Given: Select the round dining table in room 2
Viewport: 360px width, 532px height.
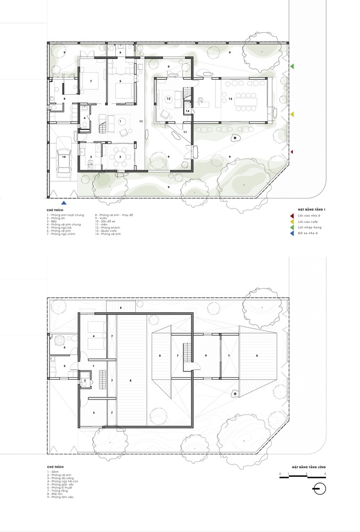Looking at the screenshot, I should click(x=120, y=157).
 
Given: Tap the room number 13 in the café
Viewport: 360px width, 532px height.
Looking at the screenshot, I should click(x=230, y=99).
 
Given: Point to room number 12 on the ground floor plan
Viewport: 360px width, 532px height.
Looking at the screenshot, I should click(x=168, y=99).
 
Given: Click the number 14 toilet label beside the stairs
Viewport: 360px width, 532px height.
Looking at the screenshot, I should click(x=188, y=111).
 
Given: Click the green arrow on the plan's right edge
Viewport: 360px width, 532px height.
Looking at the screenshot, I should click(x=292, y=66).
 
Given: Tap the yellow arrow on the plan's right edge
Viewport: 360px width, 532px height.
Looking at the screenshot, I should click(x=292, y=114).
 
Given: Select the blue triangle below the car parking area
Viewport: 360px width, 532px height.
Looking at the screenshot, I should click(x=64, y=203).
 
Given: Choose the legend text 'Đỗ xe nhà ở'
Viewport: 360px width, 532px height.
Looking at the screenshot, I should click(x=308, y=233).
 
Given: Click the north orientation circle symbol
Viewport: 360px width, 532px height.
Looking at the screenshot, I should click(x=318, y=489).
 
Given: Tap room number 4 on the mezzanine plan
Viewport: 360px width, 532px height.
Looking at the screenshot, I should click(x=94, y=336).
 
